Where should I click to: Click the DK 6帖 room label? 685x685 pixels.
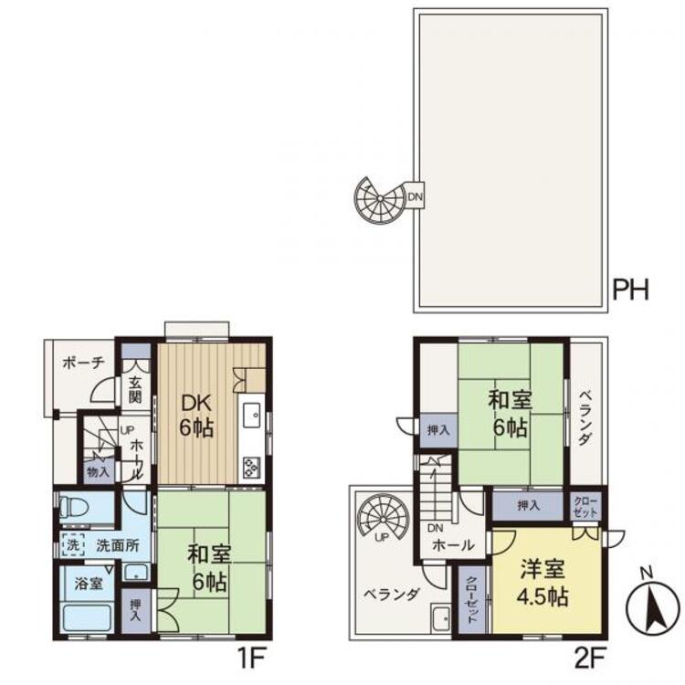[196, 416]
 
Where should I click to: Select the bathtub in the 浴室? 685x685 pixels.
[87, 617]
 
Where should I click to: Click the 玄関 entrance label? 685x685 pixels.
[135, 390]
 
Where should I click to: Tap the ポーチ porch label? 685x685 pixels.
[84, 363]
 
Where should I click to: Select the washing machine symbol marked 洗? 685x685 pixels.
[73, 544]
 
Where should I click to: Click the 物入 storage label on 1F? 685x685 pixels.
[98, 472]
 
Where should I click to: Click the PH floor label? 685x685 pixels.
[631, 290]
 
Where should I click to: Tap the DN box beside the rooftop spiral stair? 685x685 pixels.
[415, 196]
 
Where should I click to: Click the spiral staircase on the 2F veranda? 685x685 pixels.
[383, 518]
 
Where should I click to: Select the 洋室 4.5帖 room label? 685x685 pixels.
[544, 584]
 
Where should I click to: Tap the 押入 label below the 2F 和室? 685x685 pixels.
[529, 505]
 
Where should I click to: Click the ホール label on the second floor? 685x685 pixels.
[453, 544]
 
